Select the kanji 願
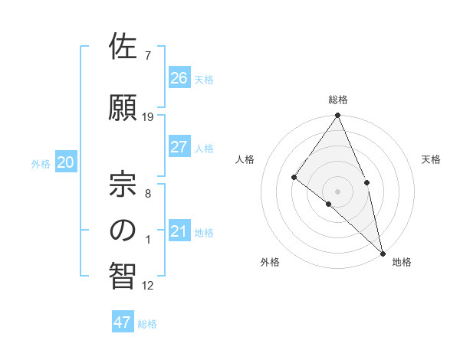[x=123, y=108]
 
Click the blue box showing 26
[x=179, y=77]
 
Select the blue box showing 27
[x=179, y=148]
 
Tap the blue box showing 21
[x=179, y=231]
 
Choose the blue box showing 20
[x=65, y=162]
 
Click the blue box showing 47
[x=123, y=322]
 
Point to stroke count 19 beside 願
[x=148, y=117]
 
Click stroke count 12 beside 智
[x=148, y=286]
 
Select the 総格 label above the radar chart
[x=338, y=100]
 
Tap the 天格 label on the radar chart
[x=431, y=159]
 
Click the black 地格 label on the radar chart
[x=402, y=262]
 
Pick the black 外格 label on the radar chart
[x=270, y=262]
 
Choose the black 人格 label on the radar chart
[x=245, y=159]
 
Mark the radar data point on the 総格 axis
[x=337, y=116]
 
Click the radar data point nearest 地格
[x=382, y=252]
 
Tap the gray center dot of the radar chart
[x=337, y=191]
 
